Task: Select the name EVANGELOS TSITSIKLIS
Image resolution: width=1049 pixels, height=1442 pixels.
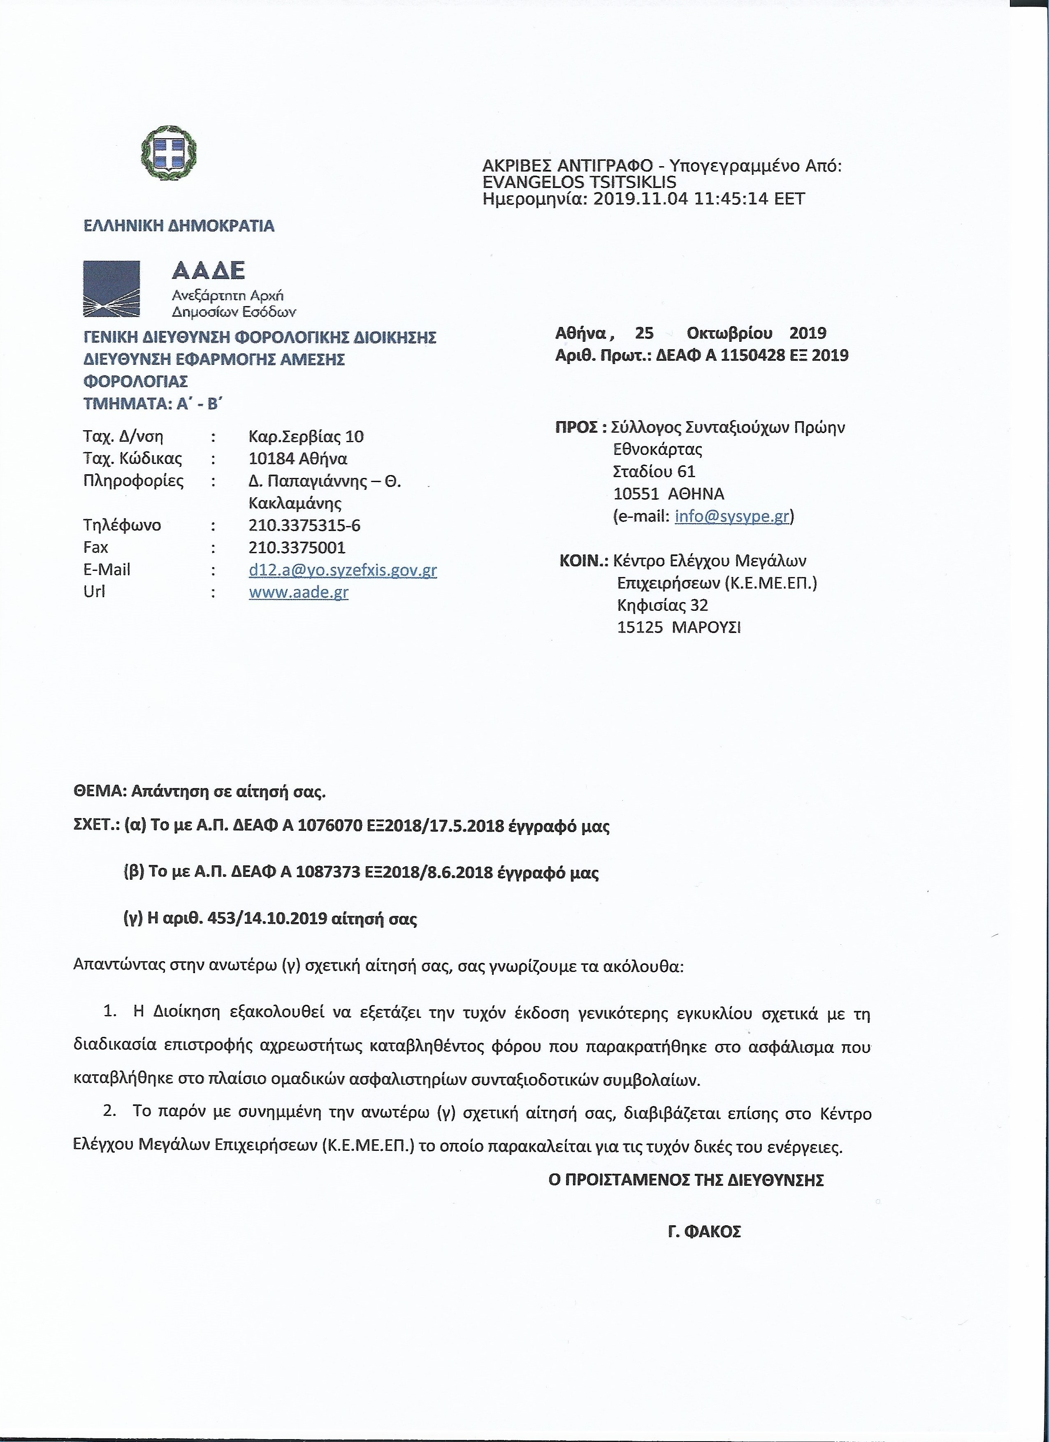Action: tap(579, 183)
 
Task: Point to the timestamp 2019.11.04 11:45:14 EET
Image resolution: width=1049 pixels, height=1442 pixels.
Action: tap(698, 199)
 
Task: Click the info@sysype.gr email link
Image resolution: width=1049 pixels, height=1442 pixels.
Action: tap(732, 516)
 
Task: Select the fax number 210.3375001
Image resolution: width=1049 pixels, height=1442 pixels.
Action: tap(297, 547)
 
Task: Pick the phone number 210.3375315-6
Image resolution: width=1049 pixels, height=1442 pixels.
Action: tap(304, 525)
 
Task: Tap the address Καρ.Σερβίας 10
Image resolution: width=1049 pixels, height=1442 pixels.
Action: tap(306, 437)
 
